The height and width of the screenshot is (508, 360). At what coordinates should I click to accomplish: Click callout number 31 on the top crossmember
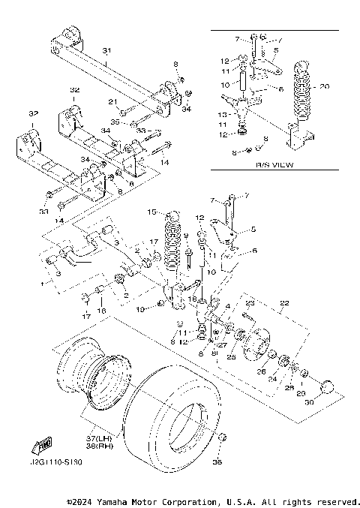tap(106, 51)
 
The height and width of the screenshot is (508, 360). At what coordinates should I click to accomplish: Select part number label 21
tap(113, 101)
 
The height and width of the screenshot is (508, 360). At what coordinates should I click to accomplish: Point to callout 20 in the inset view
tap(324, 86)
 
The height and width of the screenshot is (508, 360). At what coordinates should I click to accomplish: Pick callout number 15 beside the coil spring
tap(151, 212)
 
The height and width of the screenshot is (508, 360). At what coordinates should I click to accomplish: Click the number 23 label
tap(251, 303)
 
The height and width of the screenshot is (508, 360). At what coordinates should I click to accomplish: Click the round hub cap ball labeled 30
tap(327, 387)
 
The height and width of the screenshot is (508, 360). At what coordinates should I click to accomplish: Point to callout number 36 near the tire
tap(219, 463)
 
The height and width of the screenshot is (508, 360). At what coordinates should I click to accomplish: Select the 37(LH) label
tap(94, 437)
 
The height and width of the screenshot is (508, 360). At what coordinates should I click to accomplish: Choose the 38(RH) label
tap(94, 445)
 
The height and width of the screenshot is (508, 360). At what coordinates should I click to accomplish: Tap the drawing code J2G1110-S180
tap(56, 463)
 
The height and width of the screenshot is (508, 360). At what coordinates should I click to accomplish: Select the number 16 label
tap(101, 309)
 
